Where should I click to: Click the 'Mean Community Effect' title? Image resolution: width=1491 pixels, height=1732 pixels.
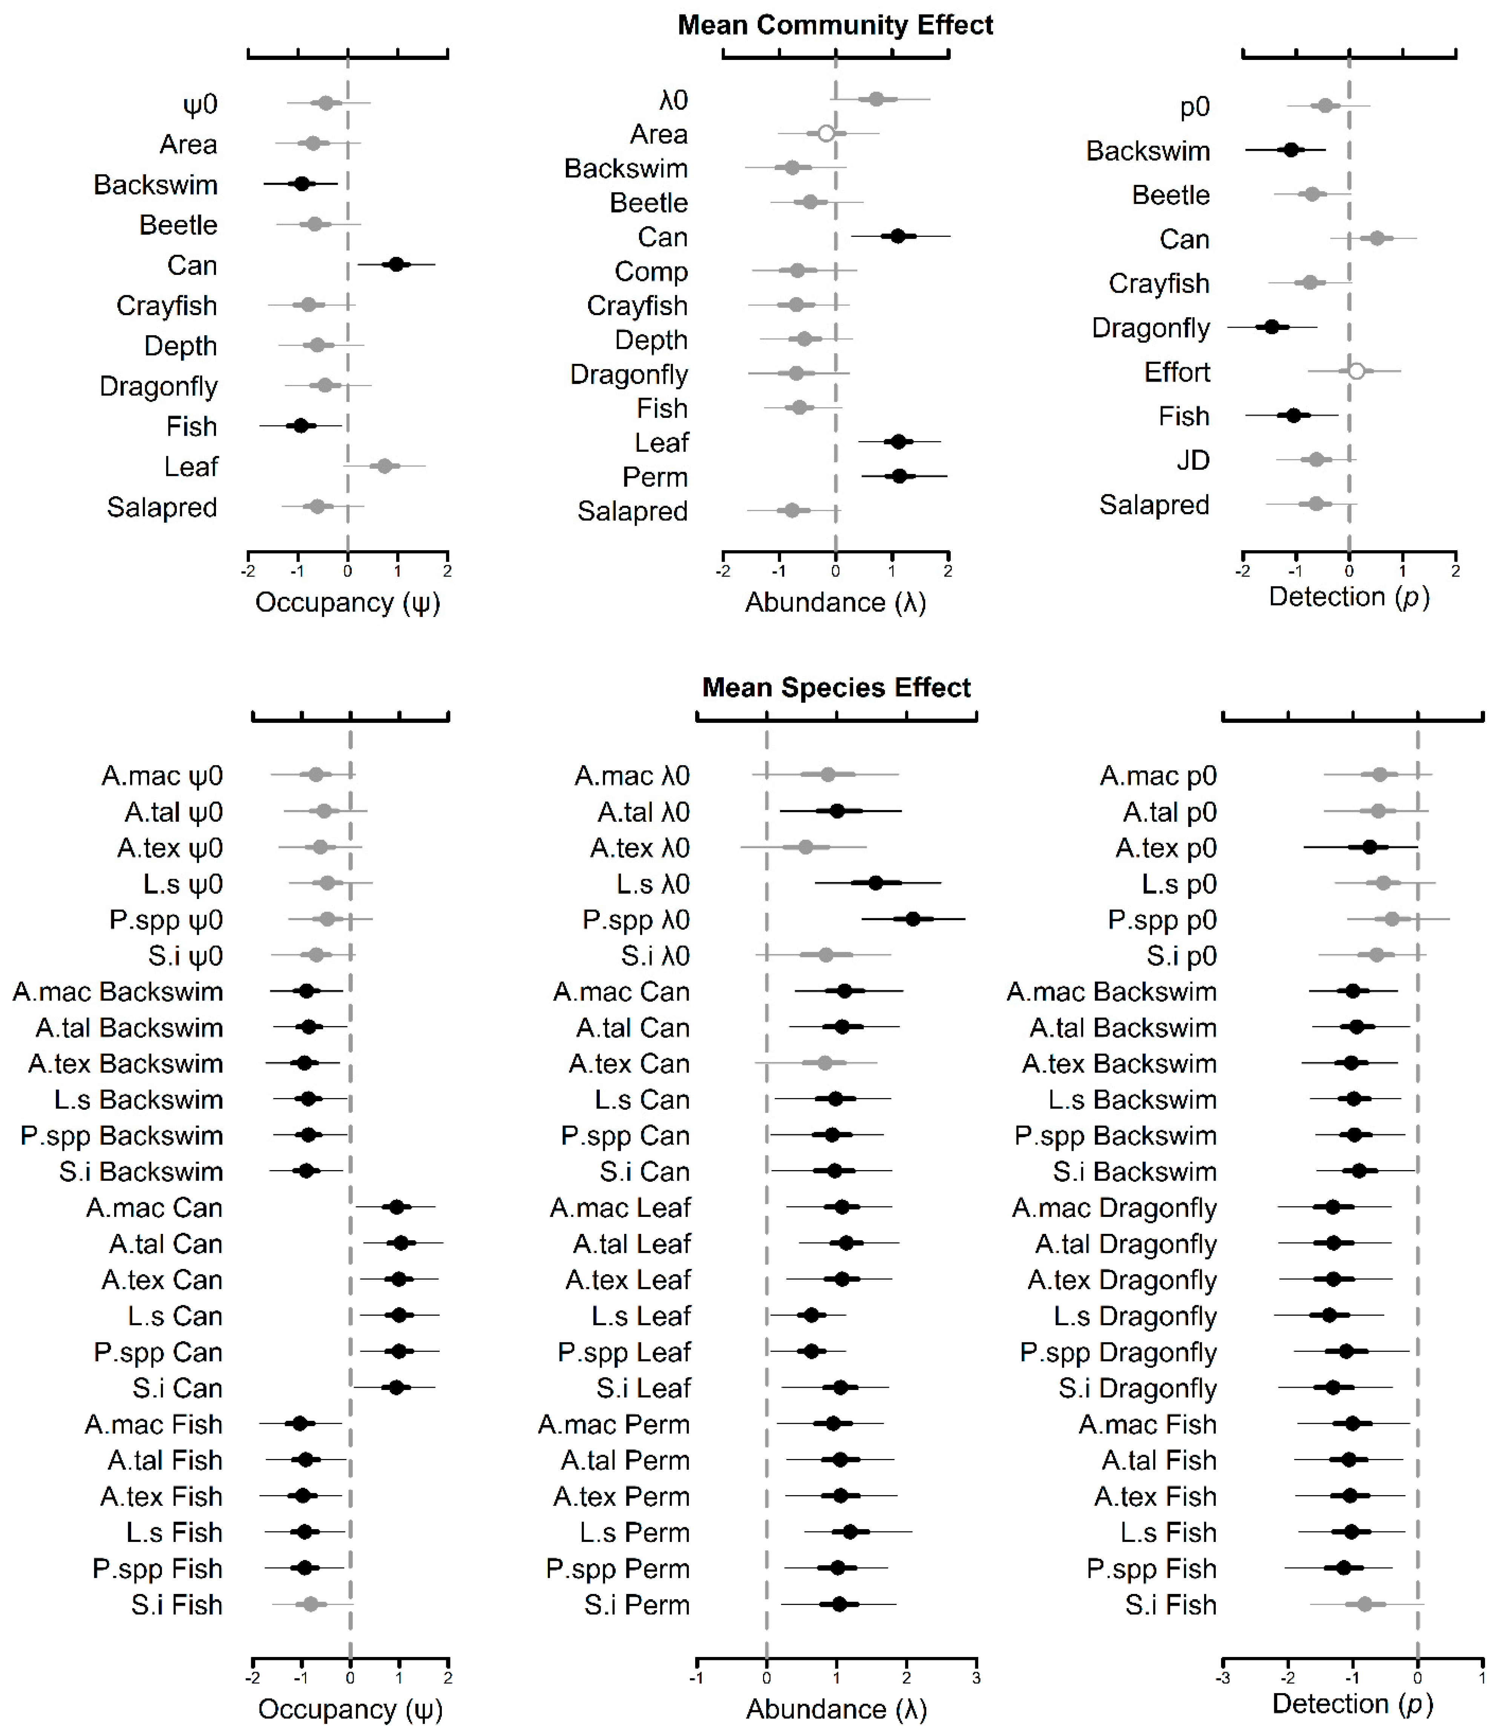click(835, 25)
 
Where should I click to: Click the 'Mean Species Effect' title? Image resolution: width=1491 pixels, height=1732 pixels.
click(836, 687)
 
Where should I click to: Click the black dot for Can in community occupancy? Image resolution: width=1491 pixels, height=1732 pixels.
click(396, 264)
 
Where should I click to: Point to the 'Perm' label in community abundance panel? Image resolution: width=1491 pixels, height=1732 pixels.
click(655, 477)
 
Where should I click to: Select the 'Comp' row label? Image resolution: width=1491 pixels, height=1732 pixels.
click(651, 272)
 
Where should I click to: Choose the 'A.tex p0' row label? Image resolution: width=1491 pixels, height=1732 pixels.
click(1166, 848)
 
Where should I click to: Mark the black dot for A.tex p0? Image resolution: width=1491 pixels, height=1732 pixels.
click(1369, 847)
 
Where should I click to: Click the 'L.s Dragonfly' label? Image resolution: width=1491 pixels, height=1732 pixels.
click(1135, 1316)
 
